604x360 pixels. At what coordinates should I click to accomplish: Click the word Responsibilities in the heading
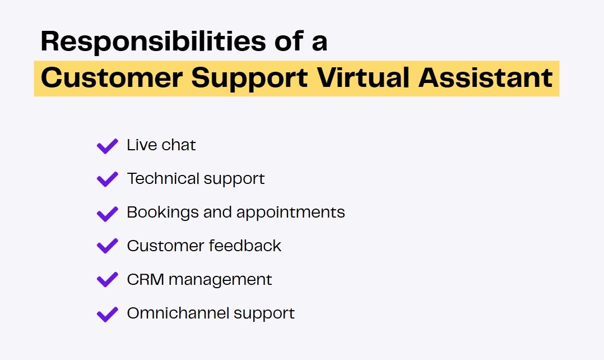(x=154, y=41)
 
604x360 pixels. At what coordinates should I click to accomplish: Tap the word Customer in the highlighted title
(x=111, y=77)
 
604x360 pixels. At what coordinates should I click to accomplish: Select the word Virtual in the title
(x=363, y=77)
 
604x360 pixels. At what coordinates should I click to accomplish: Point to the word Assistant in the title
(x=485, y=77)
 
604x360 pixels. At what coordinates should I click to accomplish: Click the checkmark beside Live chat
(x=107, y=146)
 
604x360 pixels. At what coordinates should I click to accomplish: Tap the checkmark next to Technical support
(x=107, y=179)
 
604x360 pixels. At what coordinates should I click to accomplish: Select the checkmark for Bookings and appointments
(x=107, y=214)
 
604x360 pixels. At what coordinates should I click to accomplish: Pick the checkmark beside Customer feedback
(x=107, y=246)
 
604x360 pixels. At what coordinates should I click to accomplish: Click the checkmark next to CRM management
(x=107, y=279)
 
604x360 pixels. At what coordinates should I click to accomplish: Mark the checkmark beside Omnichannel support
(x=107, y=314)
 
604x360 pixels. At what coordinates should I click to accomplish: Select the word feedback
(x=245, y=246)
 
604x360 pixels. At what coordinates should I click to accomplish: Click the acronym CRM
(x=146, y=280)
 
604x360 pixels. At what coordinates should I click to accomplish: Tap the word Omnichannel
(x=178, y=313)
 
